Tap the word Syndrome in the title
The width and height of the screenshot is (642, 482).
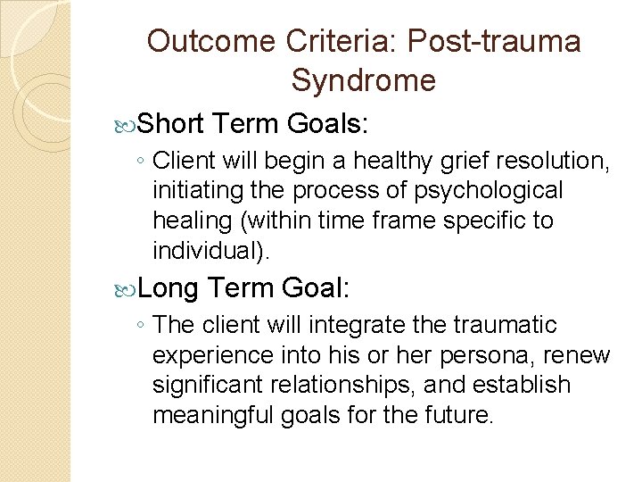(x=363, y=81)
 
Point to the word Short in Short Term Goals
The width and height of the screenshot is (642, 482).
(x=172, y=124)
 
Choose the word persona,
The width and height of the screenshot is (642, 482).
(x=488, y=354)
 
